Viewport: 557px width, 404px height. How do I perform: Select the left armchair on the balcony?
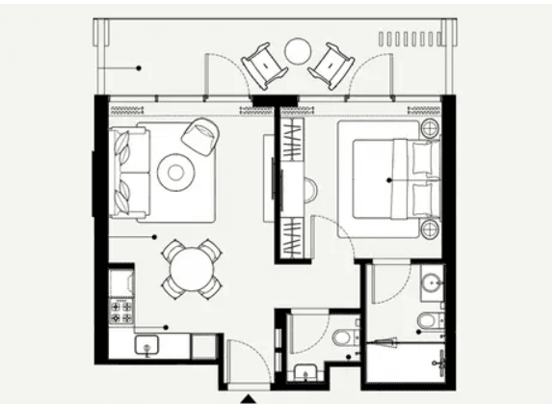point(264,66)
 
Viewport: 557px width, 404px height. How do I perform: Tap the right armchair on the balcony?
point(332,66)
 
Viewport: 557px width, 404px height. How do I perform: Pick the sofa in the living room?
point(131,171)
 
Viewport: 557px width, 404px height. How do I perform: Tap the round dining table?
point(193,268)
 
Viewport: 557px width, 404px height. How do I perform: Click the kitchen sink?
point(149,344)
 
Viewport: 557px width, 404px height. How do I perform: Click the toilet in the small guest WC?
point(343,337)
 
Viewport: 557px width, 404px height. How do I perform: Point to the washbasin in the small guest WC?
point(305,372)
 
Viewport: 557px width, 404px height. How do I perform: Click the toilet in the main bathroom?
point(428,319)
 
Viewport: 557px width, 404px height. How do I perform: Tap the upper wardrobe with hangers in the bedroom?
point(291,140)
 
